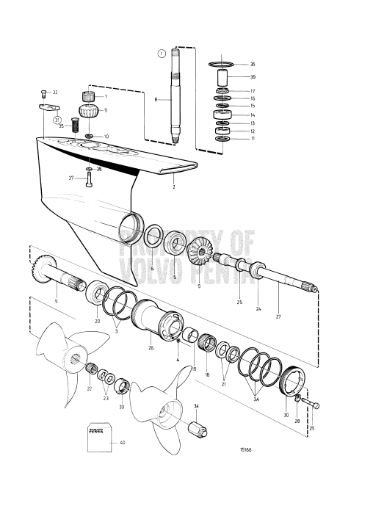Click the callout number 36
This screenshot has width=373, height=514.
[253, 65]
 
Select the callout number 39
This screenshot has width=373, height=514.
[253, 77]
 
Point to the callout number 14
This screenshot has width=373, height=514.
[253, 115]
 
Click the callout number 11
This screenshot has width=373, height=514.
[253, 138]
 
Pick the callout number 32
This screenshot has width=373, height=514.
[55, 93]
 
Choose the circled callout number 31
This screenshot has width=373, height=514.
[57, 120]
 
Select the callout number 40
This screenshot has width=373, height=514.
[123, 443]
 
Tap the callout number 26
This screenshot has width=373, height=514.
[151, 348]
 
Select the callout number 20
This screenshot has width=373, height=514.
[98, 321]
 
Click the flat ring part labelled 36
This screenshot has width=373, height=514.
[222, 65]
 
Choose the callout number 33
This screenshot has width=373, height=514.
[122, 406]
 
